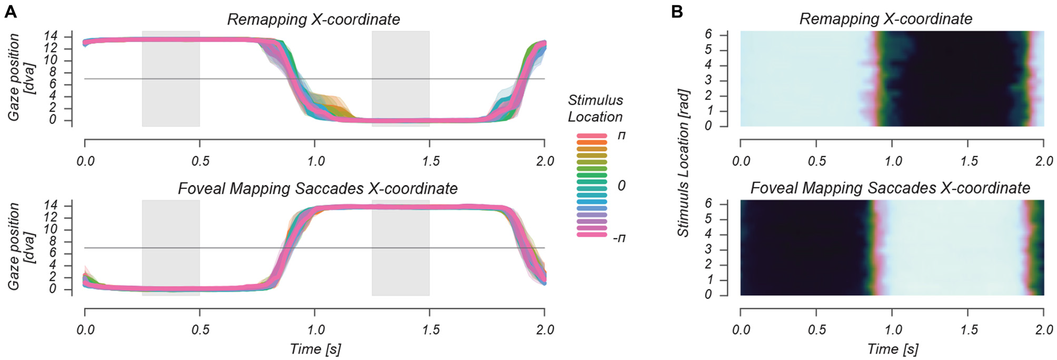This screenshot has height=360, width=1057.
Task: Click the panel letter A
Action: click(x=10, y=12)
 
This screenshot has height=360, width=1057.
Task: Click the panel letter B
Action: click(x=677, y=12)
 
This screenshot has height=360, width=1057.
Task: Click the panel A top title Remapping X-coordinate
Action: click(x=313, y=19)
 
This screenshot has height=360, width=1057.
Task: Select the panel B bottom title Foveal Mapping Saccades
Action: click(x=890, y=188)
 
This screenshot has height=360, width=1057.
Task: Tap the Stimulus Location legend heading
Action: click(x=595, y=108)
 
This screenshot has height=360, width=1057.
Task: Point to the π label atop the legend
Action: click(x=622, y=135)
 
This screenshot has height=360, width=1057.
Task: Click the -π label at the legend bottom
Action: click(x=619, y=238)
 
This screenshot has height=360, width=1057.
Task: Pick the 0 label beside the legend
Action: click(x=622, y=185)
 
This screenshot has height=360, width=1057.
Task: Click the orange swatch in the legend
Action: click(x=592, y=143)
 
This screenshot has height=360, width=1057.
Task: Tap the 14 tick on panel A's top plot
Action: click(x=51, y=36)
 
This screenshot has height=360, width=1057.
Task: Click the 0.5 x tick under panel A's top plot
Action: click(x=200, y=161)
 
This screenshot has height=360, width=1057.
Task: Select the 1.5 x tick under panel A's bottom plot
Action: click(x=430, y=330)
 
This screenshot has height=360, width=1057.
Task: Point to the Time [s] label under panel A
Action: click(x=315, y=349)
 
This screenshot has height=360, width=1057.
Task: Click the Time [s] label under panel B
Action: click(x=892, y=349)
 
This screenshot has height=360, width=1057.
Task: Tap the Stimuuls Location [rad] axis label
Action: click(x=683, y=163)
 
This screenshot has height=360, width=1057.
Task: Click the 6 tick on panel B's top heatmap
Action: click(x=709, y=34)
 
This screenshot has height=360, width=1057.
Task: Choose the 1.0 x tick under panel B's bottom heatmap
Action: click(x=893, y=330)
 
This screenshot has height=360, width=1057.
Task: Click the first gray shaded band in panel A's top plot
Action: click(x=171, y=79)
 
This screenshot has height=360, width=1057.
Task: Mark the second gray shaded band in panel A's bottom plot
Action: click(x=401, y=247)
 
